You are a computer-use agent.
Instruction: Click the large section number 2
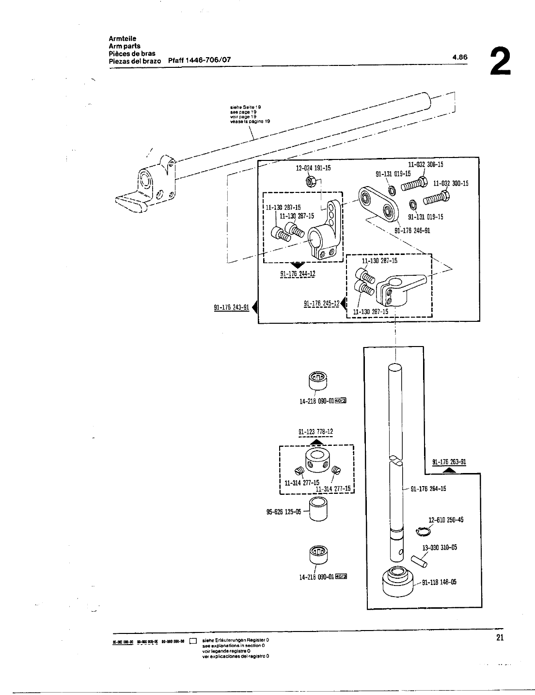pyautogui.click(x=500, y=61)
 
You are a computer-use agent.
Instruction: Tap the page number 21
pyautogui.click(x=500, y=637)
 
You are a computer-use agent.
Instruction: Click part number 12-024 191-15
pyautogui.click(x=313, y=169)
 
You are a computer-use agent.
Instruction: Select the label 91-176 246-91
pyautogui.click(x=412, y=231)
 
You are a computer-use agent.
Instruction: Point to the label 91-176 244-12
pyautogui.click(x=298, y=274)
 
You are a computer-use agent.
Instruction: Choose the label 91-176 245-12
pyautogui.click(x=321, y=304)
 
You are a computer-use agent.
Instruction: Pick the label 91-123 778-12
pyautogui.click(x=315, y=432)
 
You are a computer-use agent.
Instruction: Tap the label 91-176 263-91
pyautogui.click(x=449, y=462)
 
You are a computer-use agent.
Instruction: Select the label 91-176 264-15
pyautogui.click(x=428, y=489)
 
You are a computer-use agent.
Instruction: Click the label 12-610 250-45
pyautogui.click(x=446, y=520)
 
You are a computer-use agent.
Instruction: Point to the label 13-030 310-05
pyautogui.click(x=440, y=548)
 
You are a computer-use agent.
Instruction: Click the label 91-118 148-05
pyautogui.click(x=439, y=583)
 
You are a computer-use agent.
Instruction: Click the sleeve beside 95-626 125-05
pyautogui.click(x=318, y=510)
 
